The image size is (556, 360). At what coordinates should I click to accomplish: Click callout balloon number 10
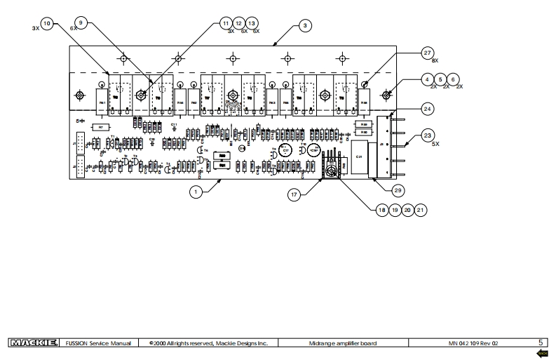[x=47, y=24]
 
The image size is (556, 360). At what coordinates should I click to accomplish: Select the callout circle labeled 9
[x=81, y=23]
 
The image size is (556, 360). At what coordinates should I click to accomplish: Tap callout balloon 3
[x=304, y=25]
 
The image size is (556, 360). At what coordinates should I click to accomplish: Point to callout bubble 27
[x=427, y=53]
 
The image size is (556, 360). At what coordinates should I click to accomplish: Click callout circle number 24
[x=427, y=108]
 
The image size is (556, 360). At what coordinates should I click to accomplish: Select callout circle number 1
[x=197, y=189]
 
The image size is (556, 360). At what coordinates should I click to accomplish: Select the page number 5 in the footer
[x=541, y=342]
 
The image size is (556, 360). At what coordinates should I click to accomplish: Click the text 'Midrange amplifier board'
[x=344, y=343]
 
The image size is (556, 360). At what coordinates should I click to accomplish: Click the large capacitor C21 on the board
[x=359, y=158]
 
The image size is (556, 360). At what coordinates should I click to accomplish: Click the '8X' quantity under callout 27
[x=434, y=62]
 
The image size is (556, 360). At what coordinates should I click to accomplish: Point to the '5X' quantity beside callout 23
[x=435, y=144]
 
